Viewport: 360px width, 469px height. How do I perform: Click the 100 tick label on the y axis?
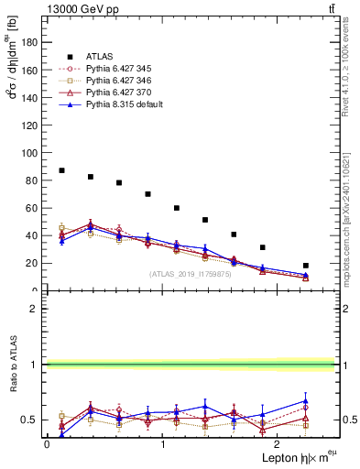pyautogui.click(x=31, y=153)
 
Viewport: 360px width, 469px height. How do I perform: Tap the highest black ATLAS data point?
pyautogui.click(x=61, y=170)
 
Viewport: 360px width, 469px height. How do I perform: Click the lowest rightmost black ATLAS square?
pyautogui.click(x=306, y=266)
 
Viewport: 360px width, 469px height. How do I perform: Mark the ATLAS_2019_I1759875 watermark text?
pyautogui.click(x=191, y=274)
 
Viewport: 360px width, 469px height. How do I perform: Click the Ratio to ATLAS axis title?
pyautogui.click(x=13, y=366)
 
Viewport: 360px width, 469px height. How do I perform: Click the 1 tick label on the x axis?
pyautogui.click(x=162, y=444)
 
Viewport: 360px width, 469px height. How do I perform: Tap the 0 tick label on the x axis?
pyautogui.click(x=47, y=444)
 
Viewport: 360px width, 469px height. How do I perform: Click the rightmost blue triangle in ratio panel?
pyautogui.click(x=306, y=400)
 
